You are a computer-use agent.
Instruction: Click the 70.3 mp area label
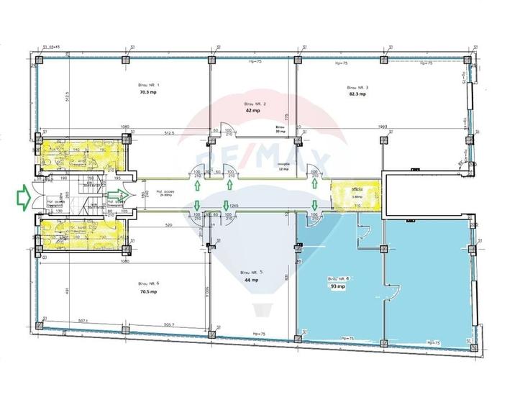(149, 93)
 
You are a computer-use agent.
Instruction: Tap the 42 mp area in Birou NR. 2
(252, 112)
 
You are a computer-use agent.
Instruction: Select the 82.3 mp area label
(357, 94)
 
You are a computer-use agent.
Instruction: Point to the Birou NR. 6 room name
(149, 283)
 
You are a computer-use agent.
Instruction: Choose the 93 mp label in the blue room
(337, 286)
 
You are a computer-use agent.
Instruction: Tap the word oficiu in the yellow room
(357, 190)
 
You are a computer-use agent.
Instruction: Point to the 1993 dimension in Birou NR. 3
(383, 127)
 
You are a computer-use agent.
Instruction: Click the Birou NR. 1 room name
(149, 85)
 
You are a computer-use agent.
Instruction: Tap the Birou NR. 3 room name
(357, 86)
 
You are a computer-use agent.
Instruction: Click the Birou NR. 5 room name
(251, 271)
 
